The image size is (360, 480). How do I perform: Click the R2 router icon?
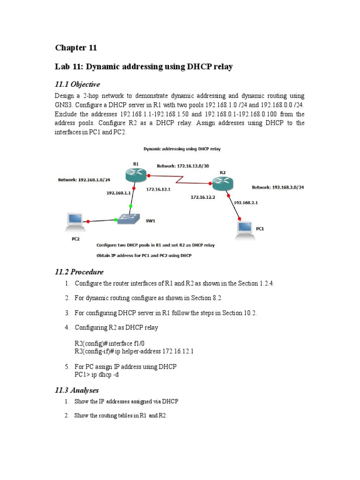[x=222, y=182]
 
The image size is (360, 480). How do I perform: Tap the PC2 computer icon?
[x=75, y=220]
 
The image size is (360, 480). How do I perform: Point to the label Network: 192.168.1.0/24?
[x=84, y=180]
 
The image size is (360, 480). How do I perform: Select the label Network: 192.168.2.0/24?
[x=278, y=187]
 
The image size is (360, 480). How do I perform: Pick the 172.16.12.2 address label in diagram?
[x=202, y=197]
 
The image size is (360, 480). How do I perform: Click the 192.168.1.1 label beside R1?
[x=118, y=192]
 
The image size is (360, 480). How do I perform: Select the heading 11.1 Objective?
[x=77, y=84]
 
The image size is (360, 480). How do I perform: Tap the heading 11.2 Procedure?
[x=79, y=272]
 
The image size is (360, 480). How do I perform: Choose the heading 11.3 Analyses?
[x=77, y=390]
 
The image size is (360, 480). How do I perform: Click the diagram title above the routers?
[x=182, y=149]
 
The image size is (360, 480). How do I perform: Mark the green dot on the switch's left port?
[x=116, y=219]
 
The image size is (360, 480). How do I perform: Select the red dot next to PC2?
[x=89, y=221]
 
